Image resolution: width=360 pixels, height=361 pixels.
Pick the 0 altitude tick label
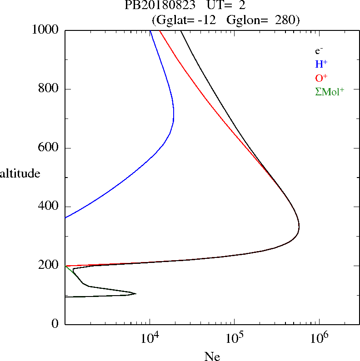tap(55, 324)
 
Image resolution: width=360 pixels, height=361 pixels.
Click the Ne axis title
tap(212, 356)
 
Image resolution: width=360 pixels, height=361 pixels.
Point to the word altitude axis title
tap(20, 173)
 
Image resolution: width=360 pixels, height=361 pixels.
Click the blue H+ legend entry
tap(321, 64)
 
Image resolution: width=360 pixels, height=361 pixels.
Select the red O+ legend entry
tap(321, 78)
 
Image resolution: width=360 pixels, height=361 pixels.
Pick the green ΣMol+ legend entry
tap(330, 91)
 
